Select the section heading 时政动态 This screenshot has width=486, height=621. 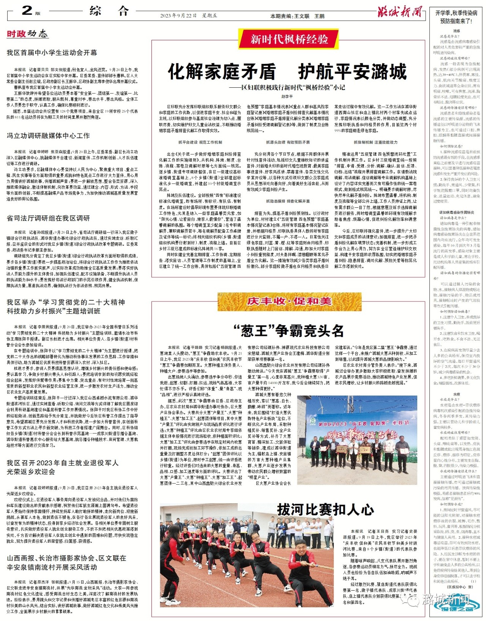coord(27,34)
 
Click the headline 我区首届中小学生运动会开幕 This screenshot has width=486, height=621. coord(52,52)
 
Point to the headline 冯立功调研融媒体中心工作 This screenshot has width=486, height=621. coord(48,136)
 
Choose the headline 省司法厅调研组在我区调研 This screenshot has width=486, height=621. coord(48,218)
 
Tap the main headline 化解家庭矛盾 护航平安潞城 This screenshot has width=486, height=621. coord(287,71)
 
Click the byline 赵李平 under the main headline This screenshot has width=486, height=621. coord(287,96)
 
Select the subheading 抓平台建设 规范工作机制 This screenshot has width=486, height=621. coord(200,142)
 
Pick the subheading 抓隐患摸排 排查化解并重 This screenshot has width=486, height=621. coord(287,201)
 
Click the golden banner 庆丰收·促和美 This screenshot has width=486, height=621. coord(289,301)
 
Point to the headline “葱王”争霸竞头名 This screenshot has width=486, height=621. coord(288,331)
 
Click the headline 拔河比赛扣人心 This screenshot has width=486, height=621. coord(325,509)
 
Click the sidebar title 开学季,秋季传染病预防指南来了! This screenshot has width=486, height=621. coord(456,17)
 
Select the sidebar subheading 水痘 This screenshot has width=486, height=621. coord(456,395)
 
